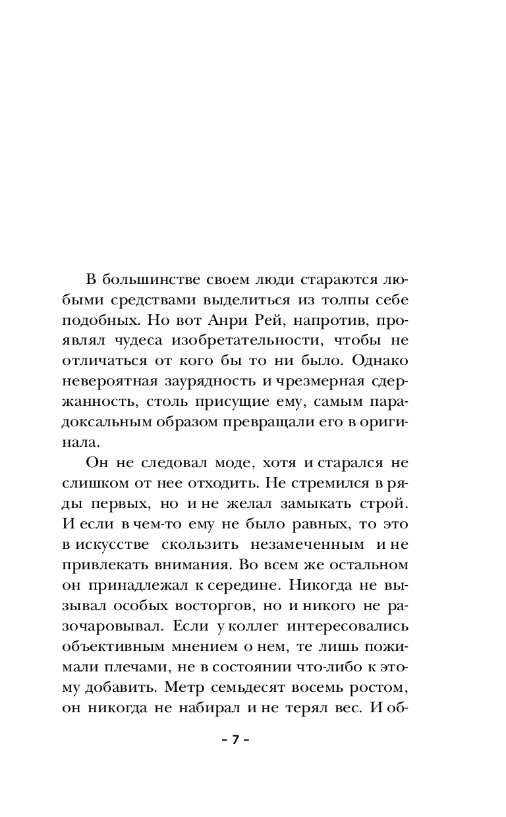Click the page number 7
point(235,739)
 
